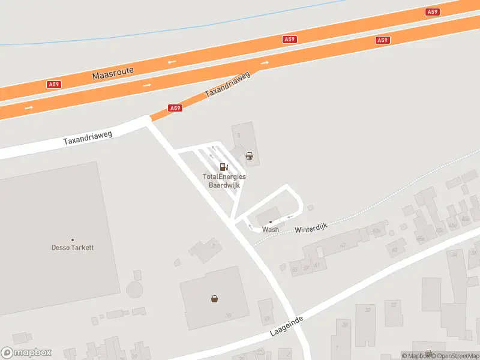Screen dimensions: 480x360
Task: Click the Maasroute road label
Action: [113, 74]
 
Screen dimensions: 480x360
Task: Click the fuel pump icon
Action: [224, 167]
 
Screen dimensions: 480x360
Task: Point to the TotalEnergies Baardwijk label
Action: [224, 181]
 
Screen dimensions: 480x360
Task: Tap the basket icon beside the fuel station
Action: [249, 157]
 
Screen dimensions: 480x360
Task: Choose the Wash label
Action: [271, 229]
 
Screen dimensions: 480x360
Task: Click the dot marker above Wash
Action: [271, 222]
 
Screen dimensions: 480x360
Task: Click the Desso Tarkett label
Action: [73, 247]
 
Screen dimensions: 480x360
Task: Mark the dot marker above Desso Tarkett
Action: [73, 240]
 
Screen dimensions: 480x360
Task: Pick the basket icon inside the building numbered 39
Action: [214, 298]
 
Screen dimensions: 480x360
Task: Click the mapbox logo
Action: [26, 353]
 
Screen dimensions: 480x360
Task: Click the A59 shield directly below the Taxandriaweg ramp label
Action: [175, 108]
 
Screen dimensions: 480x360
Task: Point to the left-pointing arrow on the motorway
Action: [172, 61]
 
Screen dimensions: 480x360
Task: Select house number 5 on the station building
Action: [238, 136]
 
